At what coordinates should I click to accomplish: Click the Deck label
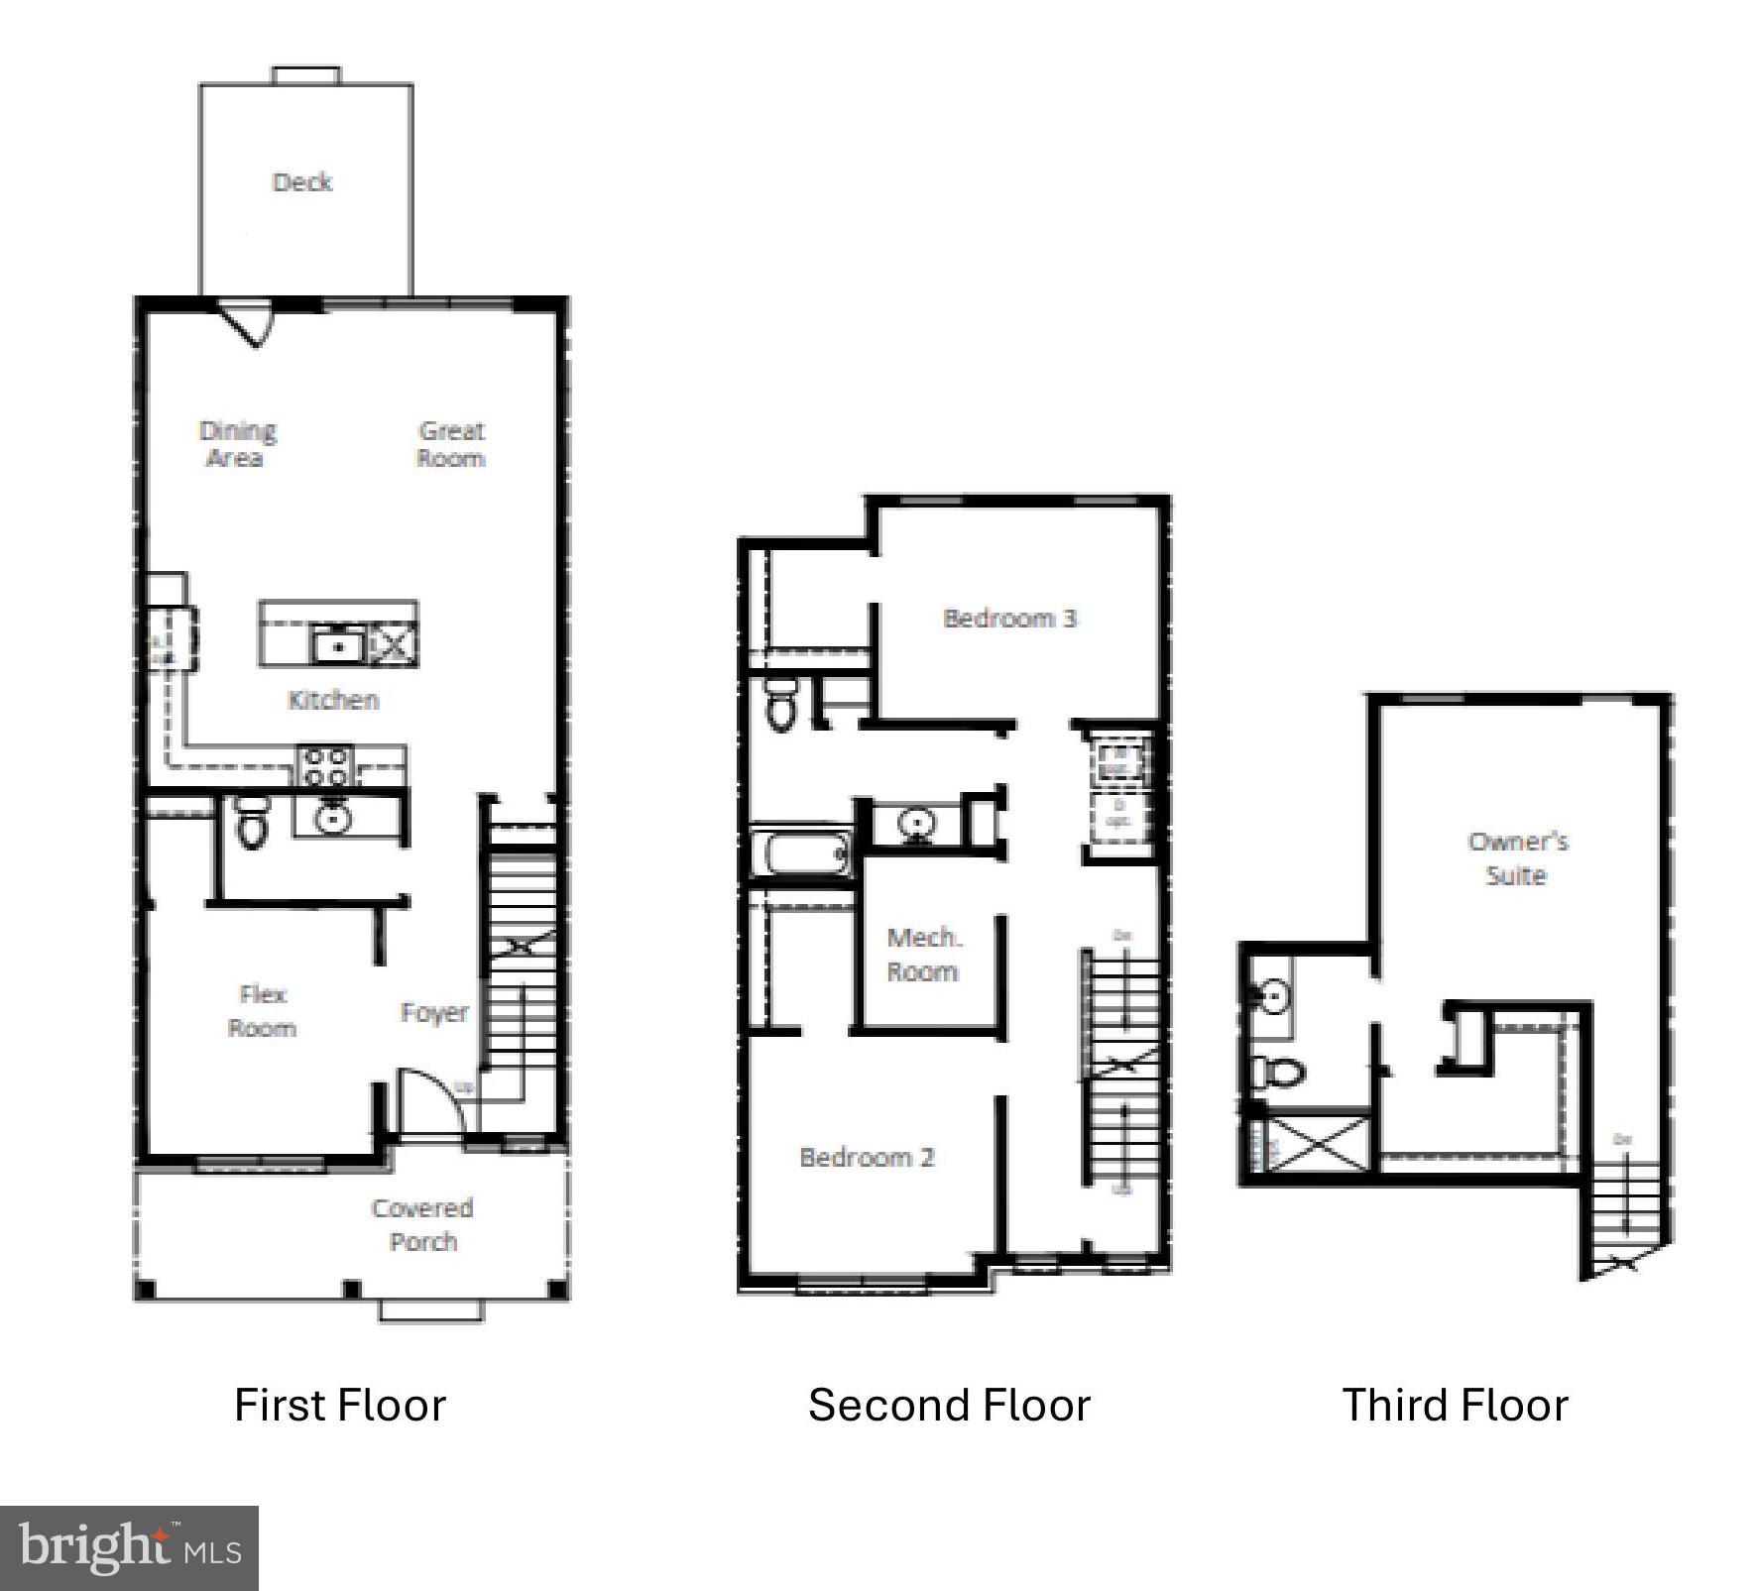(x=302, y=182)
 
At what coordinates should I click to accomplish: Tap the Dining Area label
(x=237, y=444)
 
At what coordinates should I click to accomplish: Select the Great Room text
(x=451, y=444)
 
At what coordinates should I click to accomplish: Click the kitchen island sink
(x=338, y=646)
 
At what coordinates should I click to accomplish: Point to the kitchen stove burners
(x=326, y=765)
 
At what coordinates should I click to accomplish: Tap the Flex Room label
(x=263, y=1011)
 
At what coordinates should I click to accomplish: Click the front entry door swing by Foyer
(x=429, y=1100)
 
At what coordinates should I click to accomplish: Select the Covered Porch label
(x=422, y=1225)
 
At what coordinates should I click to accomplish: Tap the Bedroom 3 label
(x=1009, y=619)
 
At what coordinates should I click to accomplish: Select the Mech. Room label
(x=923, y=955)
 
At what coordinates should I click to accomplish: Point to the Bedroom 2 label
(x=867, y=1158)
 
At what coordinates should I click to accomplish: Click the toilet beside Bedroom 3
(x=781, y=706)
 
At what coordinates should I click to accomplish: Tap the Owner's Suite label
(x=1517, y=858)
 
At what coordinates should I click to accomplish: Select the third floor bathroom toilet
(x=1280, y=1072)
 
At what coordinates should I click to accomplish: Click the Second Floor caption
(x=949, y=1406)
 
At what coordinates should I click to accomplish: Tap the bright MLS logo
(x=129, y=1548)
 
